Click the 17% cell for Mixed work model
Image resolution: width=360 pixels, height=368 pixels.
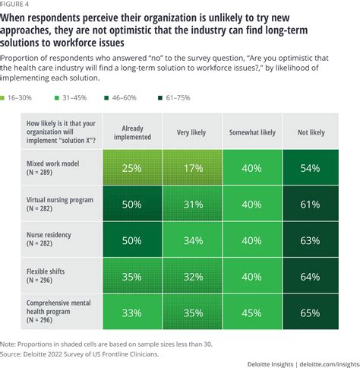click(193, 167)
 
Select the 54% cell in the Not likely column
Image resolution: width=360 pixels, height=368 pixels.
click(311, 167)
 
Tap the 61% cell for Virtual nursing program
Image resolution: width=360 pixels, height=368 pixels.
click(311, 204)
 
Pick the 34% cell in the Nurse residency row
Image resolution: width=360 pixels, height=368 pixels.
click(193, 240)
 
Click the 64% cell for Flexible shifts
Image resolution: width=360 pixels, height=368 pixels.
click(311, 276)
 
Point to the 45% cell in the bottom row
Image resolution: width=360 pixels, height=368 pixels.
click(252, 312)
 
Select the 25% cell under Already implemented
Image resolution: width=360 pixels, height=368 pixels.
click(132, 167)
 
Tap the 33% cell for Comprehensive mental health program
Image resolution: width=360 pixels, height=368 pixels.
click(132, 312)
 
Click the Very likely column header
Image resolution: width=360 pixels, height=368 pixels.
click(191, 132)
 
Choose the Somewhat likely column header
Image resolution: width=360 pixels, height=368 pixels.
click(252, 132)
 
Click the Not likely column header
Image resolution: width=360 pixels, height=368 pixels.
click(311, 132)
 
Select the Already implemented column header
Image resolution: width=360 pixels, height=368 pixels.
click(132, 132)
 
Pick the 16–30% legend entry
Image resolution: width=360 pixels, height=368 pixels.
click(16, 98)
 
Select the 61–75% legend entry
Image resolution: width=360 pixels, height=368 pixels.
click(174, 98)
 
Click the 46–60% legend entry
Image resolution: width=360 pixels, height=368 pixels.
click(121, 98)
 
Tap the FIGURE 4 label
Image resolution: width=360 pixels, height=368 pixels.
click(14, 4)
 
